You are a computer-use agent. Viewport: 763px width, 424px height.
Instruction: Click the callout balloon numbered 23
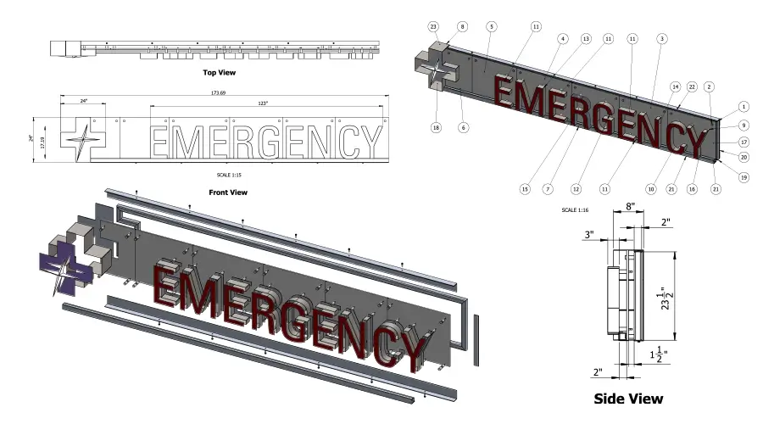(433, 27)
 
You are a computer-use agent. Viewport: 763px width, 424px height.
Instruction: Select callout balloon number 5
(491, 27)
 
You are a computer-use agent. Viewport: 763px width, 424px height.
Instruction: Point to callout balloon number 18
(436, 127)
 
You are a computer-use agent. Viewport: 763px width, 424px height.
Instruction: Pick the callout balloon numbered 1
(743, 107)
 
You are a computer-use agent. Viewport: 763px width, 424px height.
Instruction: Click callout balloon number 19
(743, 177)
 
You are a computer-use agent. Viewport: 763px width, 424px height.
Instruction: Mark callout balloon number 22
(692, 87)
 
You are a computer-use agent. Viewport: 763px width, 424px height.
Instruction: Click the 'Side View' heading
(628, 398)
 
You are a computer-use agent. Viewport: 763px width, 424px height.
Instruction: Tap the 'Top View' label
(219, 73)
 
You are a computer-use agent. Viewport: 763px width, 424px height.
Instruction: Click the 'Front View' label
(227, 192)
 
